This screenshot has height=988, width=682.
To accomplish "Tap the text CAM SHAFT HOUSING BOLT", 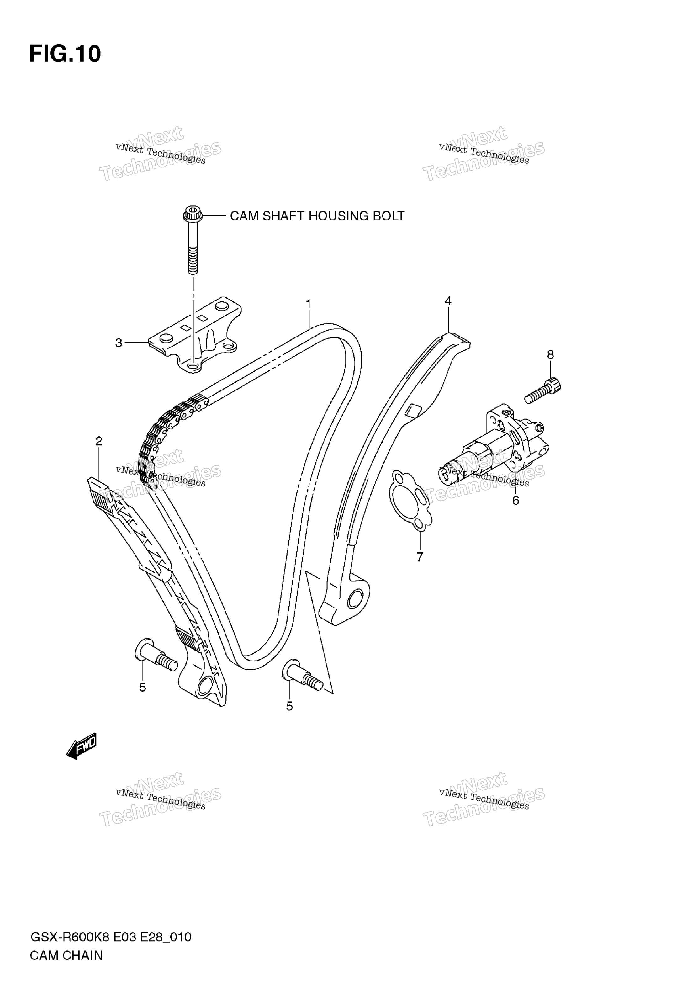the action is click(x=317, y=216).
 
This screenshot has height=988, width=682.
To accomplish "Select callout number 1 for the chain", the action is click(x=308, y=304).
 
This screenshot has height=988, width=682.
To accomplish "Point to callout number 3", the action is click(x=119, y=343).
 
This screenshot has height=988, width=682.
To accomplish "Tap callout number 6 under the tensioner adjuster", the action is click(x=516, y=500).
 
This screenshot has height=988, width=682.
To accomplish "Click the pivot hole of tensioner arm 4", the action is click(x=355, y=600).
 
